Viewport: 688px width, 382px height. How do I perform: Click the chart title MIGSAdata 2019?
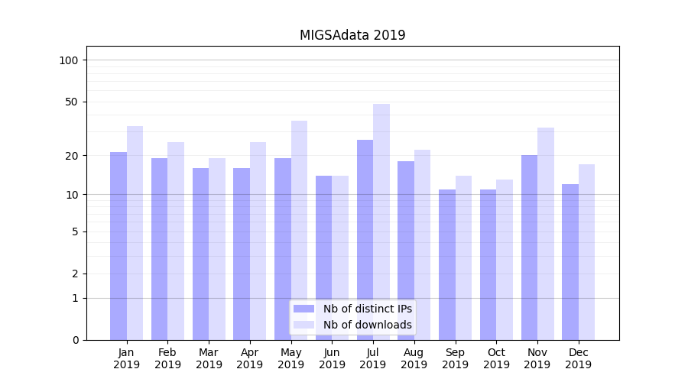tap(352, 35)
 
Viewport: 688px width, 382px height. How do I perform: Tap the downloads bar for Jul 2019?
tap(381, 222)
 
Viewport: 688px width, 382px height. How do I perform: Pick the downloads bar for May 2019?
tap(300, 230)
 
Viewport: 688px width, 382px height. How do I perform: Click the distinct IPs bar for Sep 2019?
tap(447, 264)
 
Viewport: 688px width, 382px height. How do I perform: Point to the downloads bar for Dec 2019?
tap(586, 252)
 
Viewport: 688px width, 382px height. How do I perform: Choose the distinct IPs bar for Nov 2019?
tap(529, 248)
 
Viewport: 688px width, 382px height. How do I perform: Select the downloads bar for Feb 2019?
tap(176, 241)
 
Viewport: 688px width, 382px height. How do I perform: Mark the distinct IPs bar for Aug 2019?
tap(406, 251)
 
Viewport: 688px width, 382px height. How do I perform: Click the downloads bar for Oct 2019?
tap(505, 260)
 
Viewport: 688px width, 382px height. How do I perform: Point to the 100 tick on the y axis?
tap(69, 60)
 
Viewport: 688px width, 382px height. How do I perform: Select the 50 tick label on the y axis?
tap(72, 102)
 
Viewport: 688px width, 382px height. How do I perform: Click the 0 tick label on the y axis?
tap(75, 340)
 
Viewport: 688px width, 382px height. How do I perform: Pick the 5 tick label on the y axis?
tap(75, 231)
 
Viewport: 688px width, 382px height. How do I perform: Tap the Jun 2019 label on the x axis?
tap(332, 358)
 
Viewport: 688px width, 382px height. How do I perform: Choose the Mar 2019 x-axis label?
tap(209, 358)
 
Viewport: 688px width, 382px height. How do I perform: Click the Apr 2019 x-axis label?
tap(250, 358)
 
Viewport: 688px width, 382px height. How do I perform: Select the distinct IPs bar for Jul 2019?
tap(365, 240)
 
